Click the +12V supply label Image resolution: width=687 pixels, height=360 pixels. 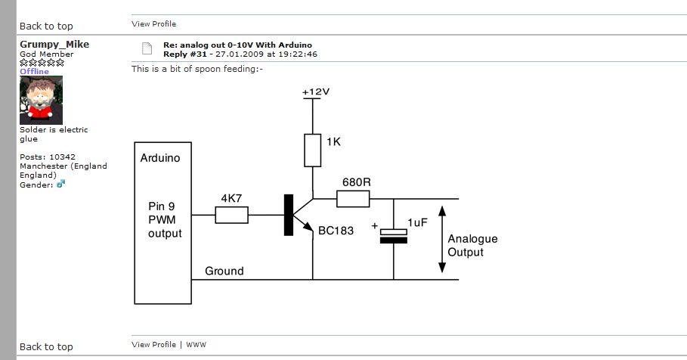coord(316,92)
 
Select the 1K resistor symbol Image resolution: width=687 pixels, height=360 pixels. coord(313,151)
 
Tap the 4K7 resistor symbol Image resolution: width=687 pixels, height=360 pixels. coord(231,216)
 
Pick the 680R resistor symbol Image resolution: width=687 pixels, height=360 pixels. coord(353,199)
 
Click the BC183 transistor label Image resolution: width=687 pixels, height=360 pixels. coord(336,231)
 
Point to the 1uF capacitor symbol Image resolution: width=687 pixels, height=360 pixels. coord(393,235)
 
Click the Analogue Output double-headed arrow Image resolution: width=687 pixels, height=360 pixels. coord(441,239)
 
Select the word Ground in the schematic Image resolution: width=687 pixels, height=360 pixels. coord(224,271)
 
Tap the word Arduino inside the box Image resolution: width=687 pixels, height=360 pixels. coord(161,158)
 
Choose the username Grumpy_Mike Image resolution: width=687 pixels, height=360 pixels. coord(54,45)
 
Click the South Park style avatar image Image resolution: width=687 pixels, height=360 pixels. coord(41,101)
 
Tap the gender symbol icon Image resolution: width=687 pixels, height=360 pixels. coord(61,184)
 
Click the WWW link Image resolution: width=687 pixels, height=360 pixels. coord(196,345)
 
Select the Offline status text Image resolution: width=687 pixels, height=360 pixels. coord(34,72)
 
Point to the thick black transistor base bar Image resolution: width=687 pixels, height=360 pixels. coord(288,215)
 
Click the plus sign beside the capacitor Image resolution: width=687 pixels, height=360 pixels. coord(374,226)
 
